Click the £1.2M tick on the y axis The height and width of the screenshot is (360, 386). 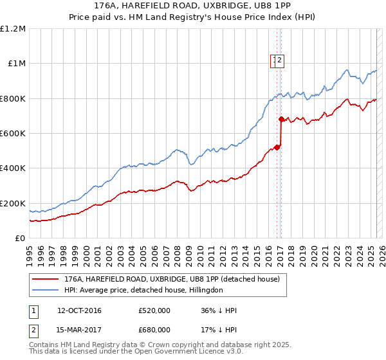click(14, 28)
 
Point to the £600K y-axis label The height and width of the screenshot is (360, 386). click(13, 134)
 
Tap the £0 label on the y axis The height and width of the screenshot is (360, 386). click(21, 239)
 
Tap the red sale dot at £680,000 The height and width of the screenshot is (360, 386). click(281, 119)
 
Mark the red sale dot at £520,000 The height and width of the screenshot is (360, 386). click(277, 147)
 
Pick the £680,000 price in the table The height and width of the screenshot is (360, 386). click(154, 330)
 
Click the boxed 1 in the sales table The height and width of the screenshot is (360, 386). click(33, 311)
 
